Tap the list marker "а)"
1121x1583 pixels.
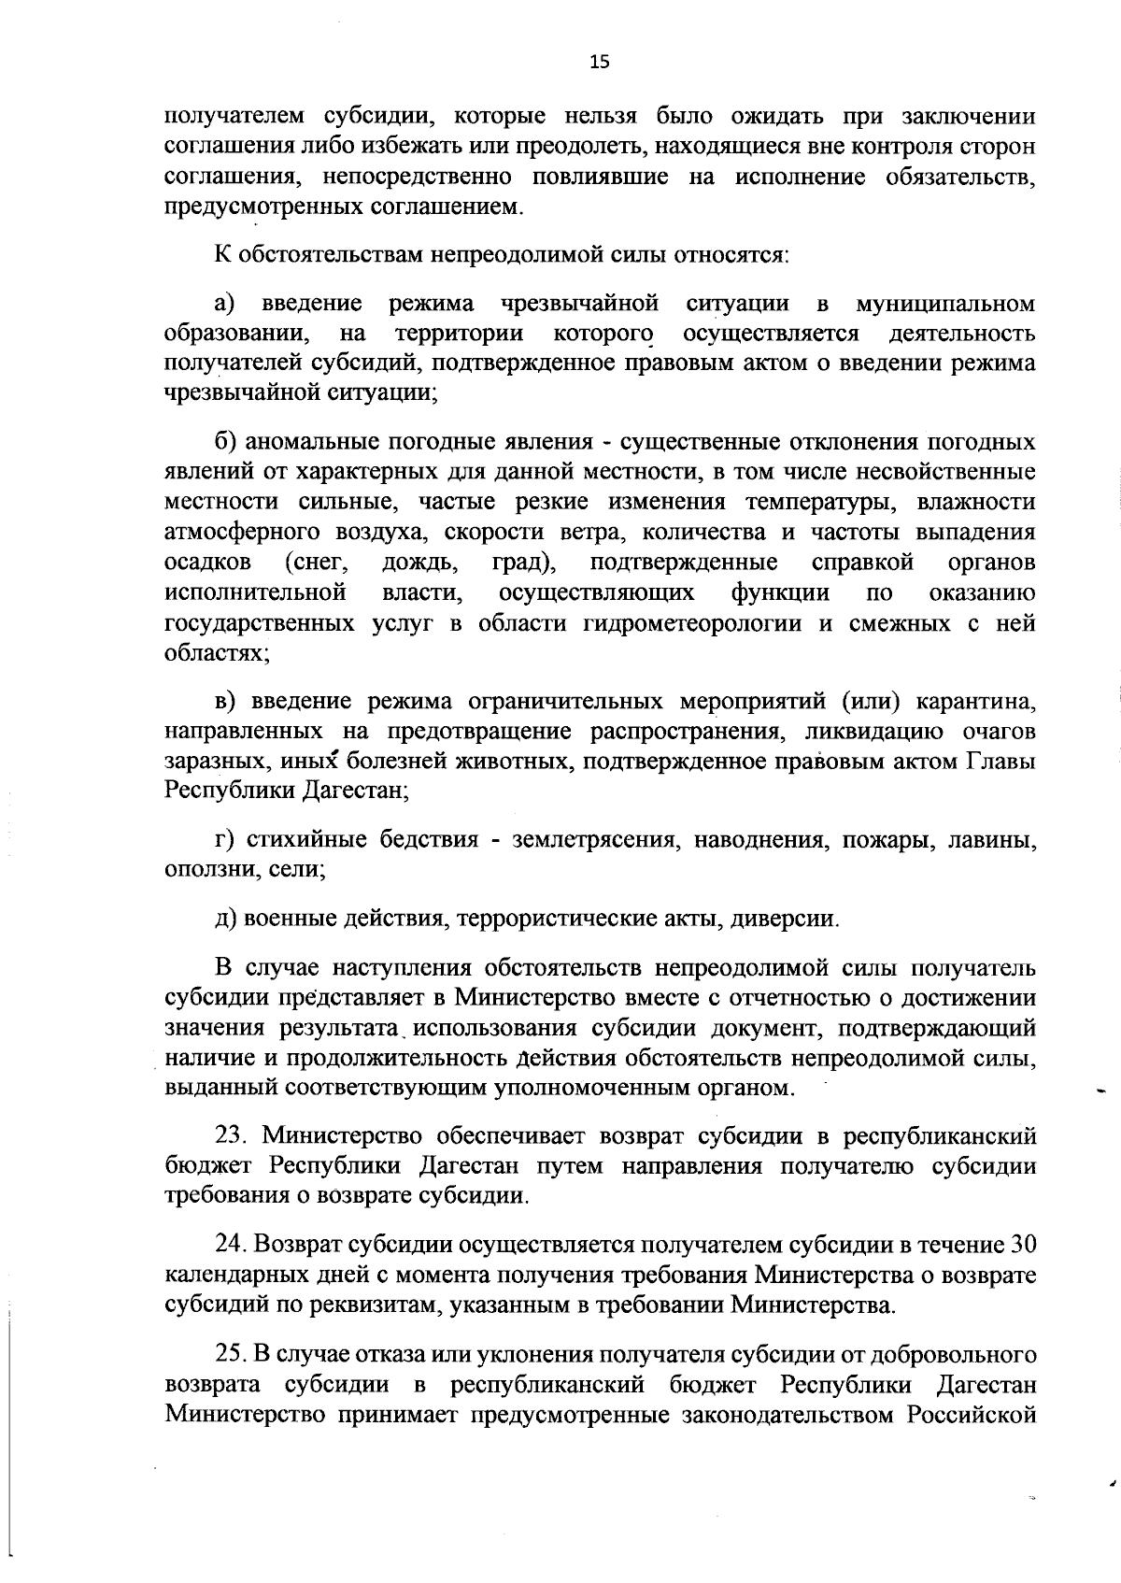[226, 304]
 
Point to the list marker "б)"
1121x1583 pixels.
[227, 442]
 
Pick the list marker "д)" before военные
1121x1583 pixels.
[226, 918]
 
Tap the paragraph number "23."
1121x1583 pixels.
[234, 1135]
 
